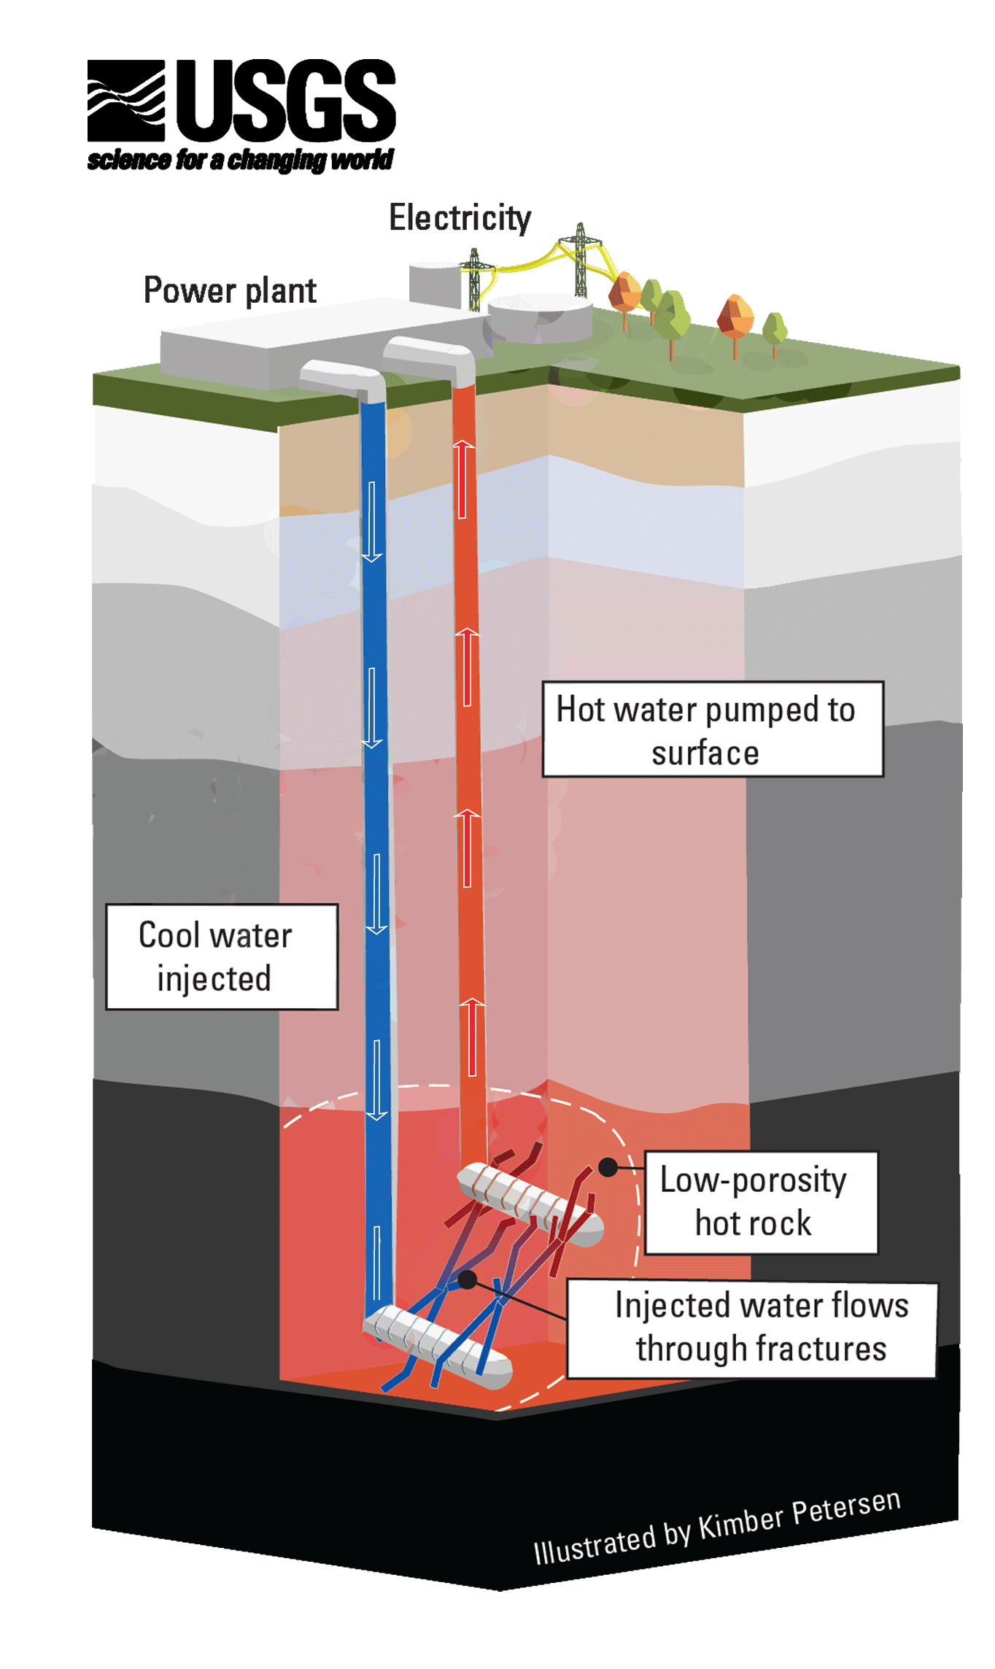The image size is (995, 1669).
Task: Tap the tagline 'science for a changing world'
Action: coord(240,160)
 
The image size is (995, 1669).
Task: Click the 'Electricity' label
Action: coord(460,217)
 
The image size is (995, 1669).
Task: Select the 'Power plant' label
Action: coord(230,290)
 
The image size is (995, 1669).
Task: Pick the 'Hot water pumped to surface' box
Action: coord(712,729)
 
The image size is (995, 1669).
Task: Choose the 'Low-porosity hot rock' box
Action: coord(761,1202)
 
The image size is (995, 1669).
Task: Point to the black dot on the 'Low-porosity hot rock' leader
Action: coord(608,1167)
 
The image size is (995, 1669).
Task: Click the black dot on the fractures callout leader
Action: coord(468,1278)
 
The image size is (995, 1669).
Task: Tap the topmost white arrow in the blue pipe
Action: coord(372,522)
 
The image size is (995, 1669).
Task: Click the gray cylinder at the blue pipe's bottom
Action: coord(438,1347)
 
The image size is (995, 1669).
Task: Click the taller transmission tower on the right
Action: coord(581,259)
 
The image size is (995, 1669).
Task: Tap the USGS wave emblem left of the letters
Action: coord(126,100)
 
